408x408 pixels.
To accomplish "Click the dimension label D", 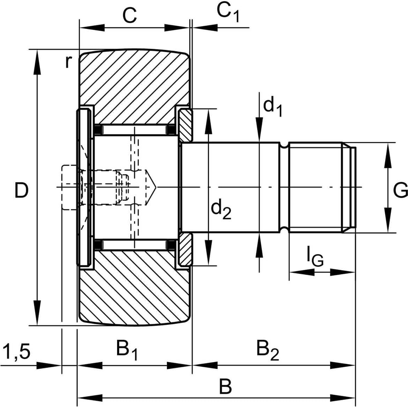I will pos(21,191).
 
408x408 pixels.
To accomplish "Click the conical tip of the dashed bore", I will pos(151,187).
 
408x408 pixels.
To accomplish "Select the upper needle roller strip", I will pos(135,130).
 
